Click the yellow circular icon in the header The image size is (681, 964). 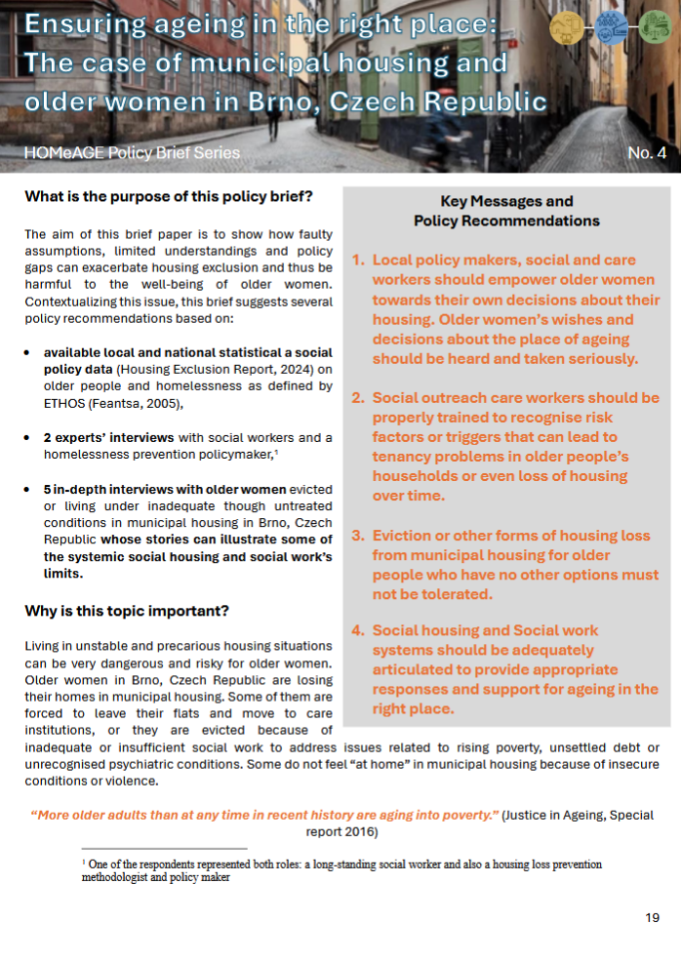(567, 27)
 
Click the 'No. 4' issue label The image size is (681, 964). (647, 153)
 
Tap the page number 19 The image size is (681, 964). (653, 917)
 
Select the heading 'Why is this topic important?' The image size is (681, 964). (127, 611)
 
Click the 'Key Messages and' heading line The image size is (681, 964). (506, 202)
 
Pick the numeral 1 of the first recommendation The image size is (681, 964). (357, 261)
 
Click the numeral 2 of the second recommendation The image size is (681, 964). (357, 398)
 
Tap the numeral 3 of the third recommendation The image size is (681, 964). (357, 536)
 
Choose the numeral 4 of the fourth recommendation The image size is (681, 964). (357, 630)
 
